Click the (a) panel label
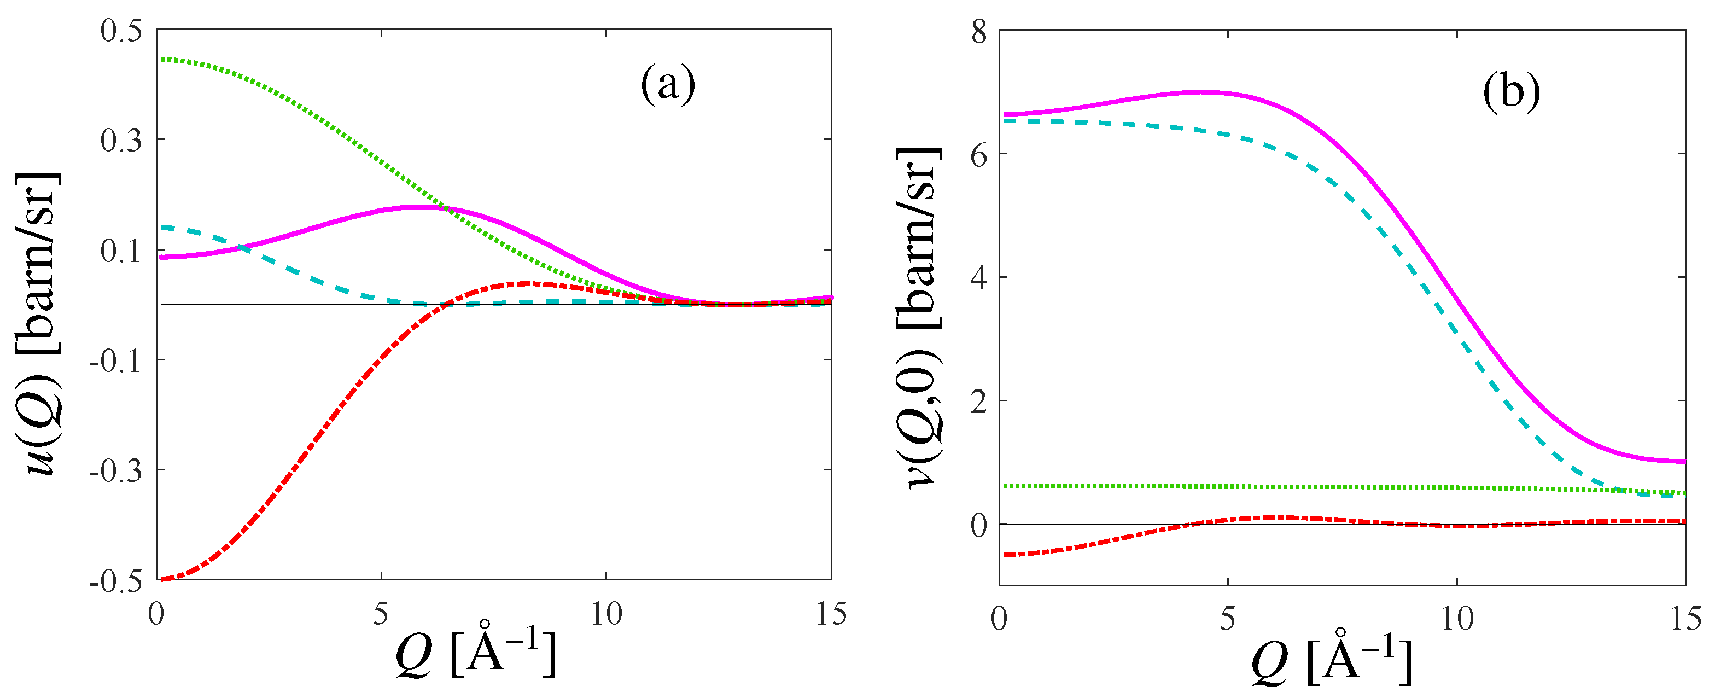[667, 85]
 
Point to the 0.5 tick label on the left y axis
[121, 31]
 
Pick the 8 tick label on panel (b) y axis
[979, 32]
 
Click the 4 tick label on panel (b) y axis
[979, 277]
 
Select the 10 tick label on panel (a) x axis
[606, 614]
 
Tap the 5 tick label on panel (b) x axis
[1227, 619]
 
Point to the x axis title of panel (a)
[475, 654]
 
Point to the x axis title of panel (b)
[1332, 660]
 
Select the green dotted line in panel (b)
[1327, 487]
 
